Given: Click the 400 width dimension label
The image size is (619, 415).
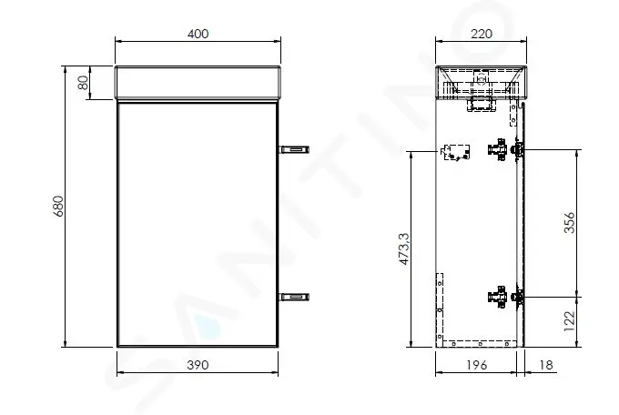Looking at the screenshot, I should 198,34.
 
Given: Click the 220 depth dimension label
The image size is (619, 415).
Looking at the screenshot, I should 481,34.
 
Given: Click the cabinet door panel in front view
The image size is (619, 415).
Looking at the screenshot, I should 198,223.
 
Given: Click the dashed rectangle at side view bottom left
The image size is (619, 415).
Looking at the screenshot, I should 440,305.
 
